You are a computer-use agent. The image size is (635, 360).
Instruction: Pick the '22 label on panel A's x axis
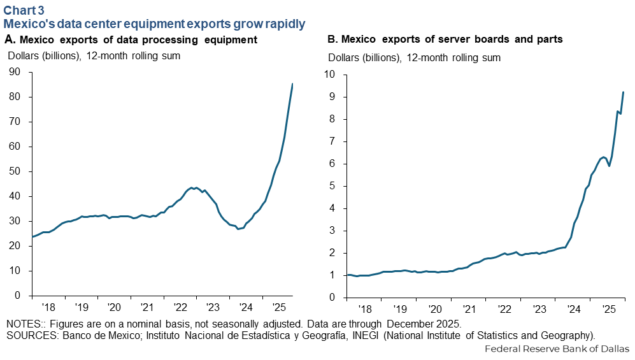point(180,307)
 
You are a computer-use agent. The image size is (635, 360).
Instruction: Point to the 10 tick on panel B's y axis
point(329,74)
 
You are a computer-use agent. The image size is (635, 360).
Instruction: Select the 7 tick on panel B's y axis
point(332,141)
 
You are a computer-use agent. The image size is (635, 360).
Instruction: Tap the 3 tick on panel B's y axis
point(332,230)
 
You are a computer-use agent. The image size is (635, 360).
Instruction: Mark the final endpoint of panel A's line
point(292,84)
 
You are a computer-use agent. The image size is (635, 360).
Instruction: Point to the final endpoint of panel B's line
point(623,92)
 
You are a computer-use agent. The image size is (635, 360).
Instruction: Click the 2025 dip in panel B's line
point(610,166)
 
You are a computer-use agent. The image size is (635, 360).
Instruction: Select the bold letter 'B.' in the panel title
point(332,39)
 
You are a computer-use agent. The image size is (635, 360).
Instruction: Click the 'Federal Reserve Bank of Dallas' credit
point(557,349)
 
